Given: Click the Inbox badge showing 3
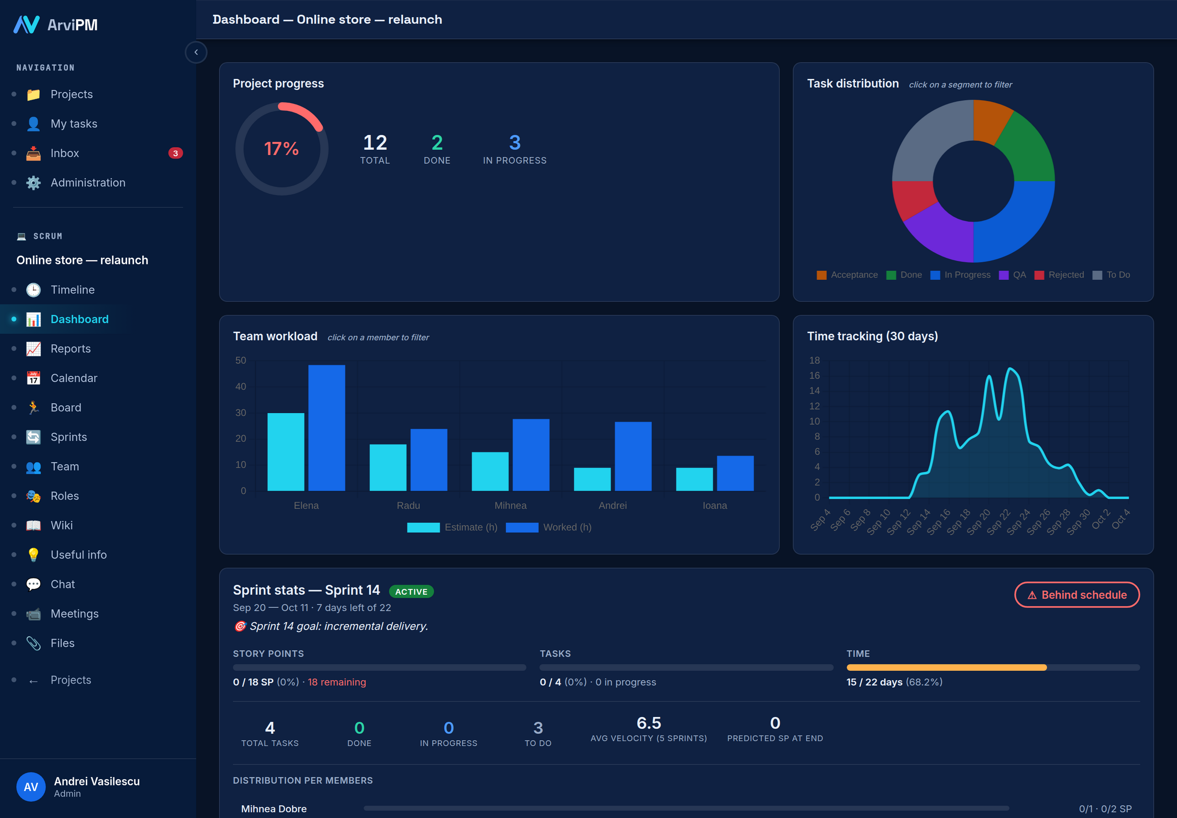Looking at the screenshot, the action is (175, 153).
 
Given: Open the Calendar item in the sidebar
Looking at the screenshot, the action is (74, 378).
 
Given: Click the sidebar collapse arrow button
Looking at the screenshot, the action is (196, 53).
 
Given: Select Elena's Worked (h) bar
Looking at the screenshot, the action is (327, 428).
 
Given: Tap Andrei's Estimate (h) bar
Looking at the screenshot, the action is (592, 479).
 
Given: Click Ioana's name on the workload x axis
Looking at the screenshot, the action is (715, 505).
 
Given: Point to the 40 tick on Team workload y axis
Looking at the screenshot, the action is (241, 387).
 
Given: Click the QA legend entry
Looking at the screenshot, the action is (1012, 275).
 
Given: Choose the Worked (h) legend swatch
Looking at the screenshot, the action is (522, 528).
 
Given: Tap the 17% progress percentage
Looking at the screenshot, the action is (281, 149).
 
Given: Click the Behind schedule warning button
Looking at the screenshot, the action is (1076, 595).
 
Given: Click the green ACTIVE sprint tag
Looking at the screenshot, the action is (411, 591).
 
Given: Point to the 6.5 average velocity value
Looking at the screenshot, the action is (648, 723).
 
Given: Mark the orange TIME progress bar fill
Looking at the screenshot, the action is (947, 667).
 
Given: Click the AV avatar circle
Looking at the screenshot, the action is (31, 787).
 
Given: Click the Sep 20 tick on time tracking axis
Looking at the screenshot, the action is (979, 522).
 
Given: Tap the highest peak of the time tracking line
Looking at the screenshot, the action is (1010, 369).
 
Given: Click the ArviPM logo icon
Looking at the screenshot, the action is (26, 24).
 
